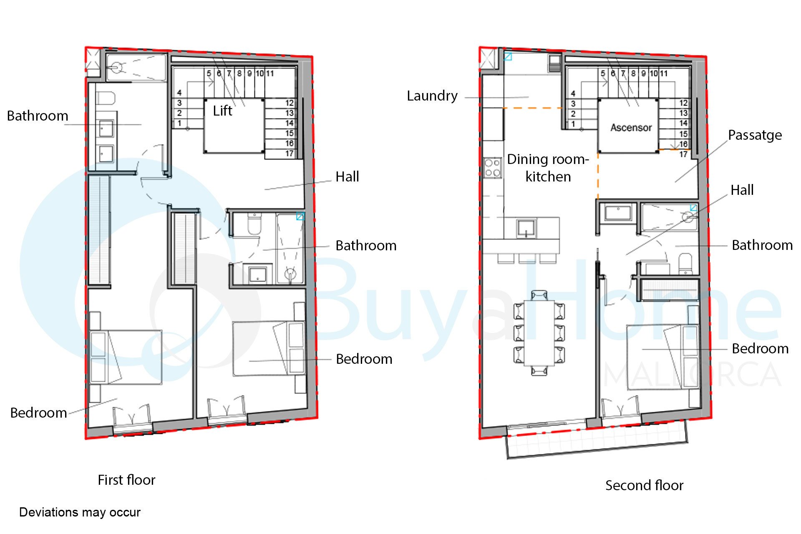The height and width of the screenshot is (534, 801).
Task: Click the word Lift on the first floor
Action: pyautogui.click(x=222, y=111)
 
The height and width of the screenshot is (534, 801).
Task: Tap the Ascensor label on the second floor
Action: pyautogui.click(x=631, y=128)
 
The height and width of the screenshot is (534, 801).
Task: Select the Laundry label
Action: pyautogui.click(x=432, y=96)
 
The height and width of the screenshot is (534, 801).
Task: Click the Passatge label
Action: pyautogui.click(x=755, y=136)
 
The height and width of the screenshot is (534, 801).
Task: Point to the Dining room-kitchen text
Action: pyautogui.click(x=548, y=168)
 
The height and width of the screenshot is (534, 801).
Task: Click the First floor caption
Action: pyautogui.click(x=126, y=480)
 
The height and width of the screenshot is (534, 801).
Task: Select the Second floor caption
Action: pyautogui.click(x=644, y=486)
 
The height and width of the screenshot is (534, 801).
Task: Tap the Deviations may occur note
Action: pyautogui.click(x=80, y=512)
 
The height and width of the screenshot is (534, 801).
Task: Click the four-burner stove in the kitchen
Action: pyautogui.click(x=493, y=168)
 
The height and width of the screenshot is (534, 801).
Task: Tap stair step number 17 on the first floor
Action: pyautogui.click(x=290, y=154)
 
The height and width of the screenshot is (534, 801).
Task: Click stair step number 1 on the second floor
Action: pyautogui.click(x=573, y=124)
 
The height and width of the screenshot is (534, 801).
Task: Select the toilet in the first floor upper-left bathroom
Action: pyautogui.click(x=106, y=98)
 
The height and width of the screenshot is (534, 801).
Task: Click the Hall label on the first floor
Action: pyautogui.click(x=347, y=177)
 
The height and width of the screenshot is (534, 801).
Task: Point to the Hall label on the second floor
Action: pyautogui.click(x=742, y=190)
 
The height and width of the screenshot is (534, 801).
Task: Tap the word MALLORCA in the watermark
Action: pyautogui.click(x=692, y=374)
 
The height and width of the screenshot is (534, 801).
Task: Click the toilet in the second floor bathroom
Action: pyautogui.click(x=686, y=264)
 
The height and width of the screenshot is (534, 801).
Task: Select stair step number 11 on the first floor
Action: pyautogui.click(x=270, y=73)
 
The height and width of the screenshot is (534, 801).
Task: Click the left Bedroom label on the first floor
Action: pyautogui.click(x=38, y=413)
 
